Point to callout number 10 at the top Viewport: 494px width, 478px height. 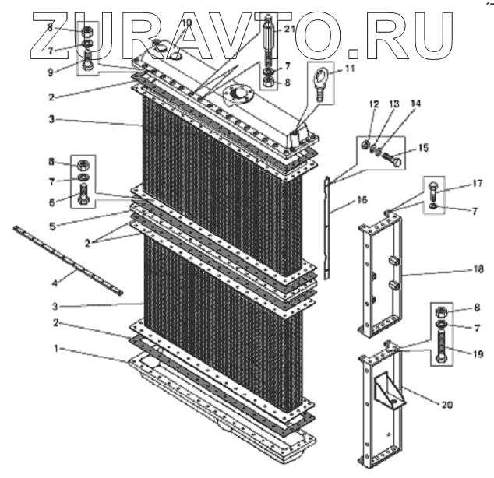[186, 23]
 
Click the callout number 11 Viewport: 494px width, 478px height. [348, 69]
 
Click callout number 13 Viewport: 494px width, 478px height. [394, 104]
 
